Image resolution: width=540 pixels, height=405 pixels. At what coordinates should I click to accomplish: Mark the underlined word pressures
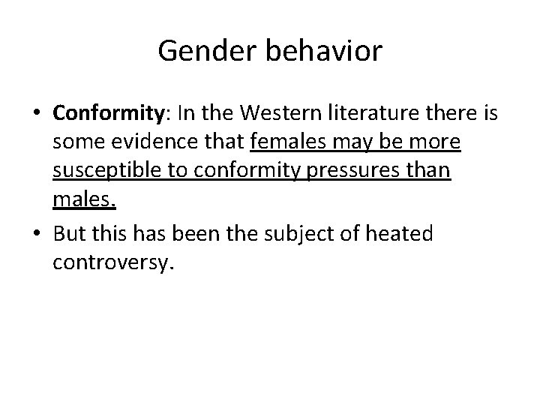pyautogui.click(x=357, y=172)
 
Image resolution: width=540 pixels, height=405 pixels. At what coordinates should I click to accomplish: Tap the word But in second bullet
pyautogui.click(x=70, y=234)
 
